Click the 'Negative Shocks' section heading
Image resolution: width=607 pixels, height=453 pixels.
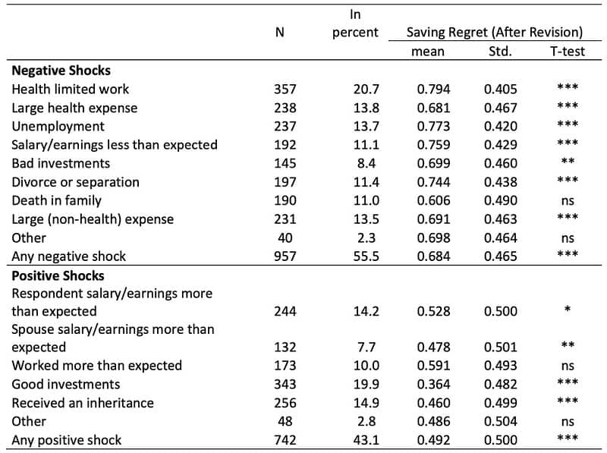click(61, 71)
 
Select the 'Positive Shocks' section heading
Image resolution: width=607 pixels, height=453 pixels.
click(58, 275)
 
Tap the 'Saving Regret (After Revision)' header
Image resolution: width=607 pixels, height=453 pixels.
click(494, 33)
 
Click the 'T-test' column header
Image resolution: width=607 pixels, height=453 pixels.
click(568, 52)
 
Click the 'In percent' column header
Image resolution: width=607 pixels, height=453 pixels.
click(355, 24)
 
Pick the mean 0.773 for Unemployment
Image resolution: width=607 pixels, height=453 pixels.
click(433, 127)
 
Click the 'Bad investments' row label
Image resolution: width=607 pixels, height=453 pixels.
click(61, 163)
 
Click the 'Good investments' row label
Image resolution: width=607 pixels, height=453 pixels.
click(65, 384)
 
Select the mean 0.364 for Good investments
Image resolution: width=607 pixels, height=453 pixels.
click(433, 385)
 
